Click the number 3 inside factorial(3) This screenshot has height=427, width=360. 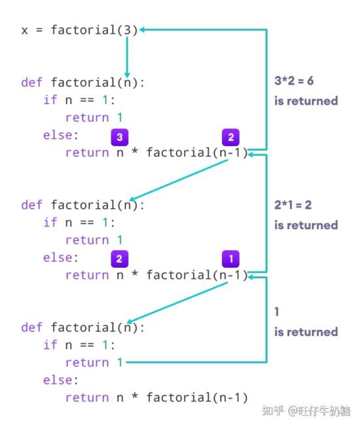point(128,30)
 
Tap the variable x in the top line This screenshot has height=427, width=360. point(24,31)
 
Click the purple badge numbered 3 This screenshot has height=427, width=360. point(120,137)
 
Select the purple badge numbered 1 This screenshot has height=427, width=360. point(231,259)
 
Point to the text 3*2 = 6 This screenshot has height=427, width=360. point(294,81)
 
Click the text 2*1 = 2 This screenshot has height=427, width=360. point(293,205)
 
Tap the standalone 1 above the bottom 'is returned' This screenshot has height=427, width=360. point(277,312)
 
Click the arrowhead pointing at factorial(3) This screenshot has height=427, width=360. point(142,29)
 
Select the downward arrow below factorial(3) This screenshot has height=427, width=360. point(127,57)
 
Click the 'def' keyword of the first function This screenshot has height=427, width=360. point(32,83)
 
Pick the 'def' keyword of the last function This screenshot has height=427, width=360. point(32,327)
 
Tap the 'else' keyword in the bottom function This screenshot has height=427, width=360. point(58,380)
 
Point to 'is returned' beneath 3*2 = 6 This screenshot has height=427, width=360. point(306,101)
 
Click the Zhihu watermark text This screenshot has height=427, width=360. point(306,411)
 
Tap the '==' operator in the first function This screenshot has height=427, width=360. point(87,100)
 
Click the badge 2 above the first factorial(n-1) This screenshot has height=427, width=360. point(231,137)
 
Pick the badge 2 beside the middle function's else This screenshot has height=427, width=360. point(120,259)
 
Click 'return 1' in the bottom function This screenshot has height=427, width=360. point(94,362)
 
